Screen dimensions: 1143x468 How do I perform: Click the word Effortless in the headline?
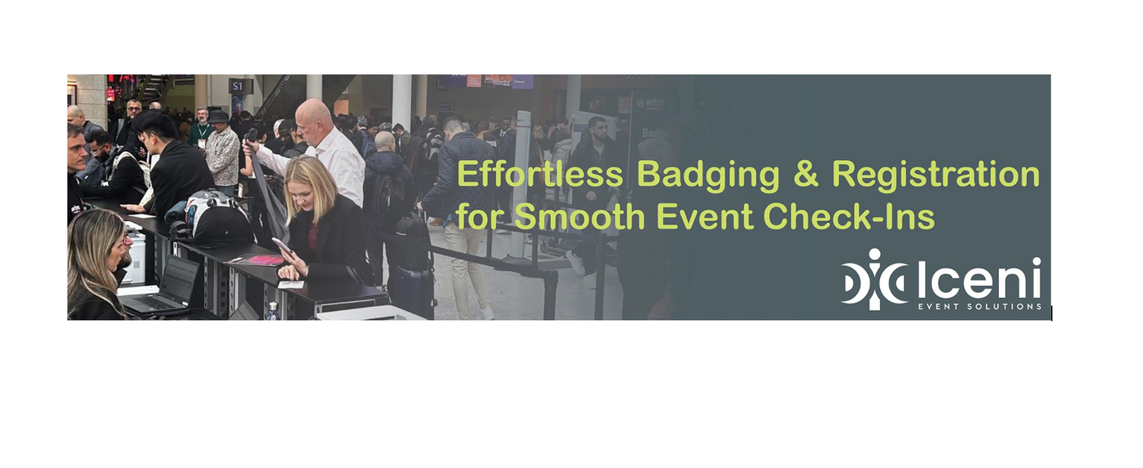539,175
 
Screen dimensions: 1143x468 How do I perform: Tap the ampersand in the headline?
805,175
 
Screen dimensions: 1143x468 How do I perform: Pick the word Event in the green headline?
705,216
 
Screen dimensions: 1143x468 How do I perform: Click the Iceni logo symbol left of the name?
873,279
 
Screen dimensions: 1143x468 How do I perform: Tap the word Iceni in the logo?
979,279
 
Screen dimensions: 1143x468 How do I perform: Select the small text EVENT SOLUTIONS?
979,306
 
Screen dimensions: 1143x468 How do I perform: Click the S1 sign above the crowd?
238,86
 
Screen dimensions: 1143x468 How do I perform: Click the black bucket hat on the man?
219,117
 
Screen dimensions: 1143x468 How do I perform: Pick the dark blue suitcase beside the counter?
413,291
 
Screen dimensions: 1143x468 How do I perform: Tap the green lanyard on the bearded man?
202,132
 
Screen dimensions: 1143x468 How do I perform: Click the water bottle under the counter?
273,311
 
